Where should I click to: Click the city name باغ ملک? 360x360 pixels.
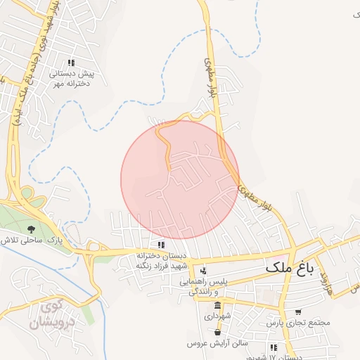pos(289,268)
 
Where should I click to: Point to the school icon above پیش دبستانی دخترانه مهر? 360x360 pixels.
pos(70,63)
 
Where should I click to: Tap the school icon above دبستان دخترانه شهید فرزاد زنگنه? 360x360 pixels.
pos(162,245)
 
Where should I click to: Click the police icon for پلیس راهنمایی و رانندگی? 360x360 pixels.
pos(204,271)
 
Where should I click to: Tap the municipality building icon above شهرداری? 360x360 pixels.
pos(218,306)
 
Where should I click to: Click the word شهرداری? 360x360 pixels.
pos(219,317)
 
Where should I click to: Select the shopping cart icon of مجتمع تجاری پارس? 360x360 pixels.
pos(298,311)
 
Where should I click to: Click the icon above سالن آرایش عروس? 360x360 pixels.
pos(218,332)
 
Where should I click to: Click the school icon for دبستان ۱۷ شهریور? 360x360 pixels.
pos(273,347)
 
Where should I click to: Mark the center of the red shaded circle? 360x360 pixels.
pos(180,179)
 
